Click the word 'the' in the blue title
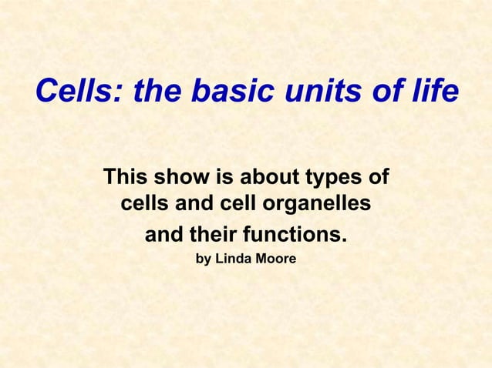tap(158, 92)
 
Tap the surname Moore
tap(275, 259)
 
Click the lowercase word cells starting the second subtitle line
tap(146, 206)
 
